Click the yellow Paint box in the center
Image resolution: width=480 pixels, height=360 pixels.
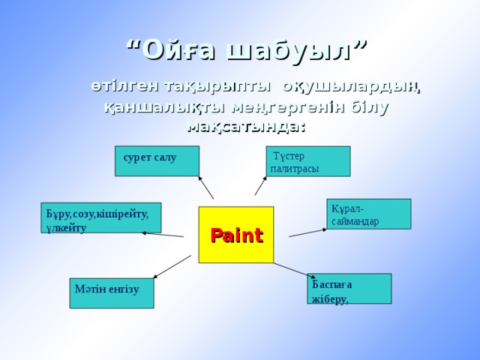(x=236, y=235)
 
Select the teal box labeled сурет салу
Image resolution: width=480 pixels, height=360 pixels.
(x=157, y=160)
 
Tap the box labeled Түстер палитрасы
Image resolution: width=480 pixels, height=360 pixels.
(x=308, y=160)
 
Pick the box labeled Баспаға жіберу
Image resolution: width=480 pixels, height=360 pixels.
(x=349, y=289)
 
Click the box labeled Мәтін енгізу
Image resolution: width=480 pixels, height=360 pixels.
(x=111, y=293)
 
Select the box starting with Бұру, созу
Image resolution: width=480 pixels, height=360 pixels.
(x=100, y=217)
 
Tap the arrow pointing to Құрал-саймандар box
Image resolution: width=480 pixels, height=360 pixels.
(x=307, y=232)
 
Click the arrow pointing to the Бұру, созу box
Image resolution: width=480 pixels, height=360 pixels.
(x=163, y=235)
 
